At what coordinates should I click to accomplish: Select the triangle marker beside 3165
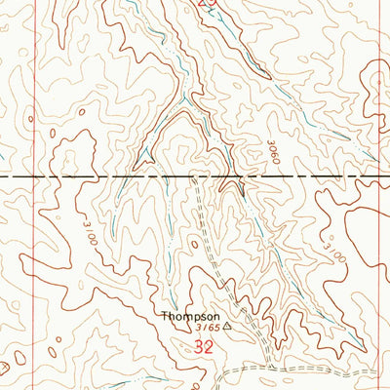point(228,327)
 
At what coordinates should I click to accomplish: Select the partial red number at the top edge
point(205,3)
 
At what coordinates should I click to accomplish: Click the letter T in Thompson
point(164,317)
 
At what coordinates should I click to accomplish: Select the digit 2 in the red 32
point(210,345)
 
